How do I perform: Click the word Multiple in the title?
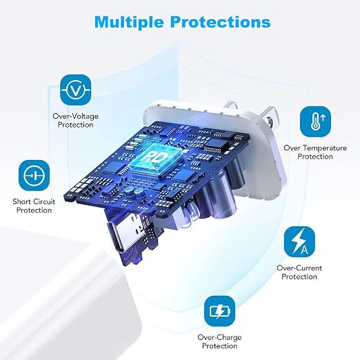coord(130,22)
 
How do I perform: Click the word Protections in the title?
coord(221,22)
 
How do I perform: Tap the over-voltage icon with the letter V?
coord(76,90)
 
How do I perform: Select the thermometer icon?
coord(315,121)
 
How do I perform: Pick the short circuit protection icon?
coord(34,175)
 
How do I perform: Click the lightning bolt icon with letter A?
coord(299,241)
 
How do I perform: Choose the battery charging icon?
coord(220,311)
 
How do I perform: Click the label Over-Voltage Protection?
coord(76,121)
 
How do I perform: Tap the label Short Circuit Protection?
coord(34,206)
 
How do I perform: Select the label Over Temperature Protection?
coord(315,152)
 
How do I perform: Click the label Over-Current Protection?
coord(299,272)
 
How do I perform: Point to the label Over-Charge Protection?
coord(219,341)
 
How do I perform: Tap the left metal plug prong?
coord(230,106)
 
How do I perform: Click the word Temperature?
coord(323,148)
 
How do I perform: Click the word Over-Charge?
coord(219,337)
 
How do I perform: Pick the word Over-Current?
coord(299,268)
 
